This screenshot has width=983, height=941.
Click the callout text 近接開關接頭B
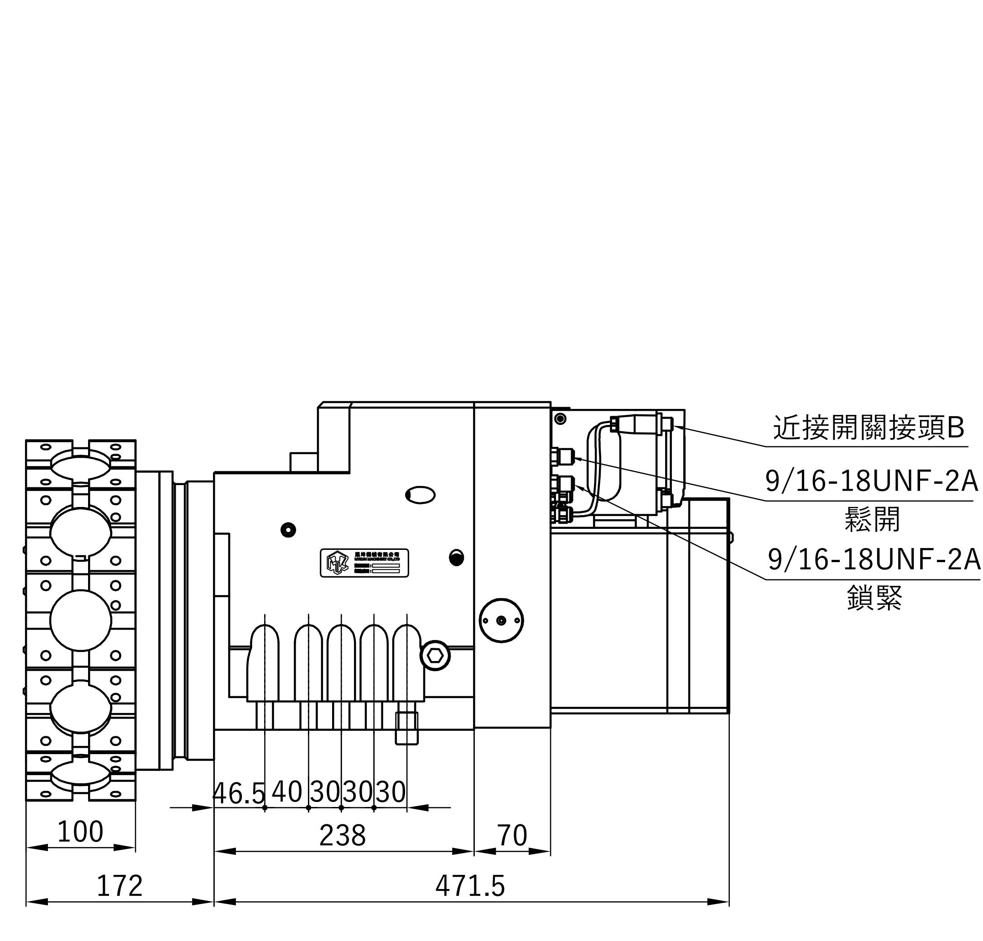click(x=869, y=428)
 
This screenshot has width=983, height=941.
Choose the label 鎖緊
click(x=875, y=598)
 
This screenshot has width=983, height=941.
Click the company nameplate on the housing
click(x=364, y=563)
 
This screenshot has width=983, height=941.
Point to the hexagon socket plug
click(x=435, y=655)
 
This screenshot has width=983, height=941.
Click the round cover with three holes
click(x=501, y=620)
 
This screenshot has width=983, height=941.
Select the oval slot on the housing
click(x=420, y=495)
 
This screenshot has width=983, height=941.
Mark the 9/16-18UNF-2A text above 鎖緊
click(x=874, y=560)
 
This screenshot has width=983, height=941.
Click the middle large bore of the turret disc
click(x=80, y=620)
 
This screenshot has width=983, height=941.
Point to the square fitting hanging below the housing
click(x=407, y=728)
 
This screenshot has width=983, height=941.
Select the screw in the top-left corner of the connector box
click(x=561, y=419)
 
